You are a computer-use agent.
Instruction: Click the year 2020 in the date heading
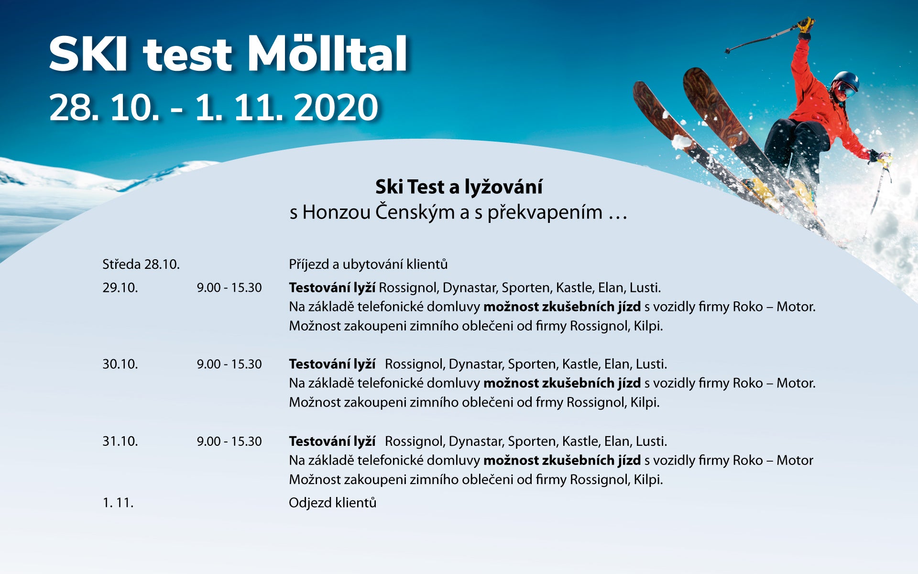(x=336, y=107)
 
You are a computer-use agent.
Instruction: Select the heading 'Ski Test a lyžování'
(x=459, y=187)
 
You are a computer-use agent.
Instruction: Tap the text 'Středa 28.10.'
(x=141, y=264)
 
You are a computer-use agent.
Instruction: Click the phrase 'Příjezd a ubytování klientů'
(x=368, y=264)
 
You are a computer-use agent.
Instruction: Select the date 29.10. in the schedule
(x=120, y=287)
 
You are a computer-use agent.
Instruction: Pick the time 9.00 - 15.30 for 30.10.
(x=229, y=364)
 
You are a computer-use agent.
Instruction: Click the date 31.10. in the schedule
(x=120, y=441)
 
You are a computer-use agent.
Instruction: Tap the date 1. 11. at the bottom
(x=118, y=503)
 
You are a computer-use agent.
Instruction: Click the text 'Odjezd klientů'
(x=332, y=503)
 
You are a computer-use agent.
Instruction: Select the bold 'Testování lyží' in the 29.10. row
(x=332, y=288)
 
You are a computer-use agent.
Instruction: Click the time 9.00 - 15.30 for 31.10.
(x=229, y=441)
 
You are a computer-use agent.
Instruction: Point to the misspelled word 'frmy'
(x=549, y=403)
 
